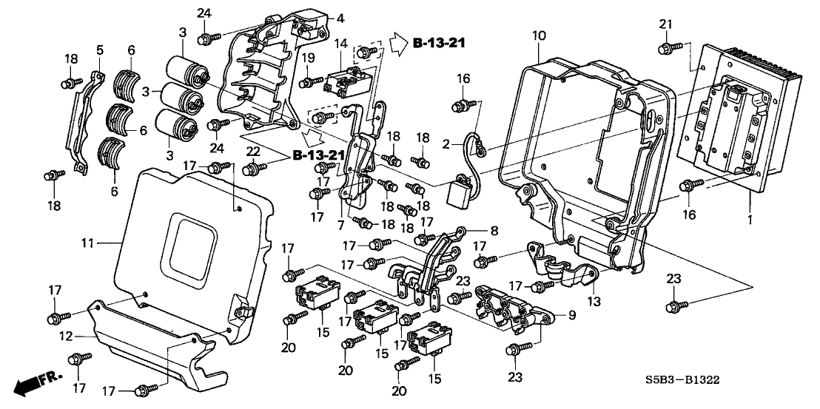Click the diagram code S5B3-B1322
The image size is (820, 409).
pyautogui.click(x=682, y=380)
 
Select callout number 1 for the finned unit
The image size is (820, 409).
pyautogui.click(x=751, y=220)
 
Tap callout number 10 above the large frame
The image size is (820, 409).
pyautogui.click(x=538, y=35)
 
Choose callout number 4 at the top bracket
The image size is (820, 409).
pyautogui.click(x=320, y=18)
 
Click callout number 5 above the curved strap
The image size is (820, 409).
pyautogui.click(x=100, y=50)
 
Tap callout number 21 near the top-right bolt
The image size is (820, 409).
pyautogui.click(x=666, y=25)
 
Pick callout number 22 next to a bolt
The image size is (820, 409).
pyautogui.click(x=252, y=151)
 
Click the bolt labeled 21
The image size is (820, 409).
pyautogui.click(x=665, y=49)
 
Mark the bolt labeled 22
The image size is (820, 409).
pyautogui.click(x=252, y=170)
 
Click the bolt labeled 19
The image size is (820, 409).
pyautogui.click(x=307, y=81)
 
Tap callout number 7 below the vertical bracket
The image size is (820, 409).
pyautogui.click(x=341, y=222)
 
